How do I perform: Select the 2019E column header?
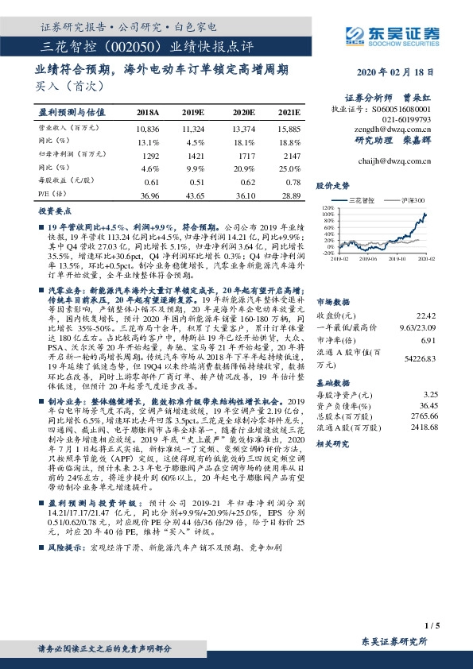(x=194, y=113)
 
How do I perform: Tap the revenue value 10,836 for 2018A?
(x=148, y=128)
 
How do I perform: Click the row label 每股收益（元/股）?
(x=67, y=181)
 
